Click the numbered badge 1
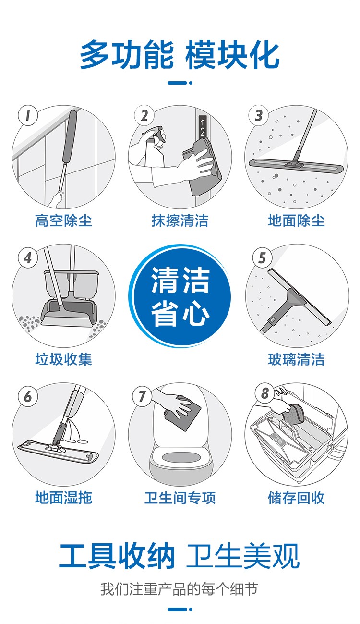pos(28,115)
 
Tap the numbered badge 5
pos(262,257)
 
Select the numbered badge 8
pos(265,393)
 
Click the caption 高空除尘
pos(63,220)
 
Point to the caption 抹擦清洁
pos(180,220)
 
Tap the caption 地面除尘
pos(296,220)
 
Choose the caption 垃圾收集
pos(63,359)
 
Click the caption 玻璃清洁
pos(296,359)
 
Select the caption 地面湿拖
pos(63,498)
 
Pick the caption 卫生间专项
pos(180,498)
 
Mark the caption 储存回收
pos(296,498)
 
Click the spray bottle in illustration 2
pos(155,147)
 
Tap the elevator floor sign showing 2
pos(203,127)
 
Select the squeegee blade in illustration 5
pos(300,296)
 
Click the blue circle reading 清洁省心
pos(180,296)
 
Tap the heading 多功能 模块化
pos(180,54)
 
